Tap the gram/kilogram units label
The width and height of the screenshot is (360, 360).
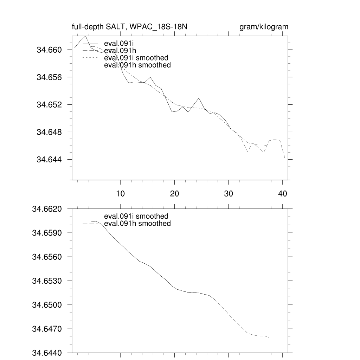coord(264,27)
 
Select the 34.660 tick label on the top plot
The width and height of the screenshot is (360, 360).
coord(49,50)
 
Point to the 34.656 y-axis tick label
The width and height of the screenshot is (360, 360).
coord(49,77)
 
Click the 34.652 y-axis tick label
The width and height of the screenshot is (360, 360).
coord(49,105)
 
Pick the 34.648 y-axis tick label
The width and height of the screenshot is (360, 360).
coord(49,132)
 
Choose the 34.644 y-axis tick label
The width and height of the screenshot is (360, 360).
coord(49,160)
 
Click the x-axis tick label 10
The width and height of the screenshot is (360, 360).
coord(121,194)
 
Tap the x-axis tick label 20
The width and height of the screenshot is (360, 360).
coord(175,194)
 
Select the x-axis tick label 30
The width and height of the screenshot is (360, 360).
coord(229,194)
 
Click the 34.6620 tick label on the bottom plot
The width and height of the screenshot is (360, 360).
coord(47,209)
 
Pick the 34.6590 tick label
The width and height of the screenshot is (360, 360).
coord(47,233)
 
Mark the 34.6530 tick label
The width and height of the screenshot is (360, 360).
coord(47,281)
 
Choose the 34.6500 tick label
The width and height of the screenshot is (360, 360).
coord(47,305)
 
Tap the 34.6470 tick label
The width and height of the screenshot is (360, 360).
coord(47,329)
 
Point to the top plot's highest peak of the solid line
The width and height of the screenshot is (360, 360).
coord(85,36)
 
